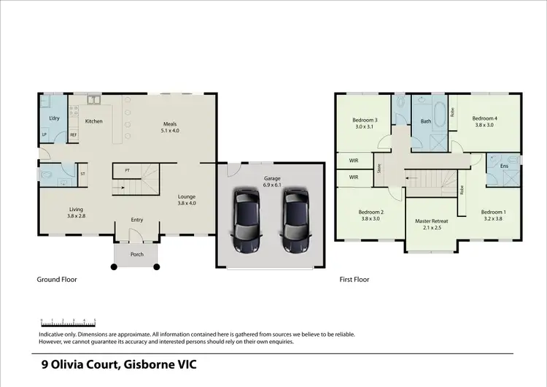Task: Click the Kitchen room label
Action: coord(93,121)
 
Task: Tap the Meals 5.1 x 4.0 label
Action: coord(169,128)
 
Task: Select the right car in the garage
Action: coord(295,221)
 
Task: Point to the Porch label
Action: coord(136,255)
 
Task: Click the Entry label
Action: coord(137,220)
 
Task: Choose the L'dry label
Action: coord(54,118)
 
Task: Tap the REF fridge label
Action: coord(73,135)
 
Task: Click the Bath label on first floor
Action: coord(426,122)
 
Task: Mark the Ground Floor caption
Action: coord(57,279)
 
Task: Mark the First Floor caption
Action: coord(354,279)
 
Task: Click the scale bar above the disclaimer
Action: coord(69,321)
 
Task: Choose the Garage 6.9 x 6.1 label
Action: coord(272,182)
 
